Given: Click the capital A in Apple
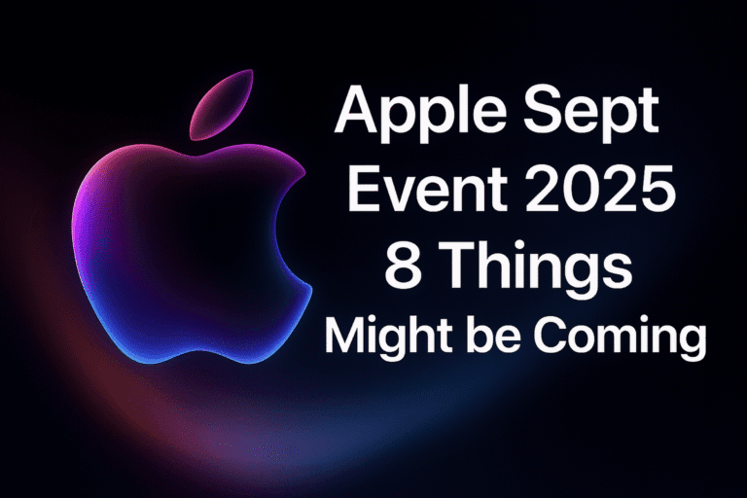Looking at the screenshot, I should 356,115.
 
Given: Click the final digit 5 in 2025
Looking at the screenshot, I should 655,191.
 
